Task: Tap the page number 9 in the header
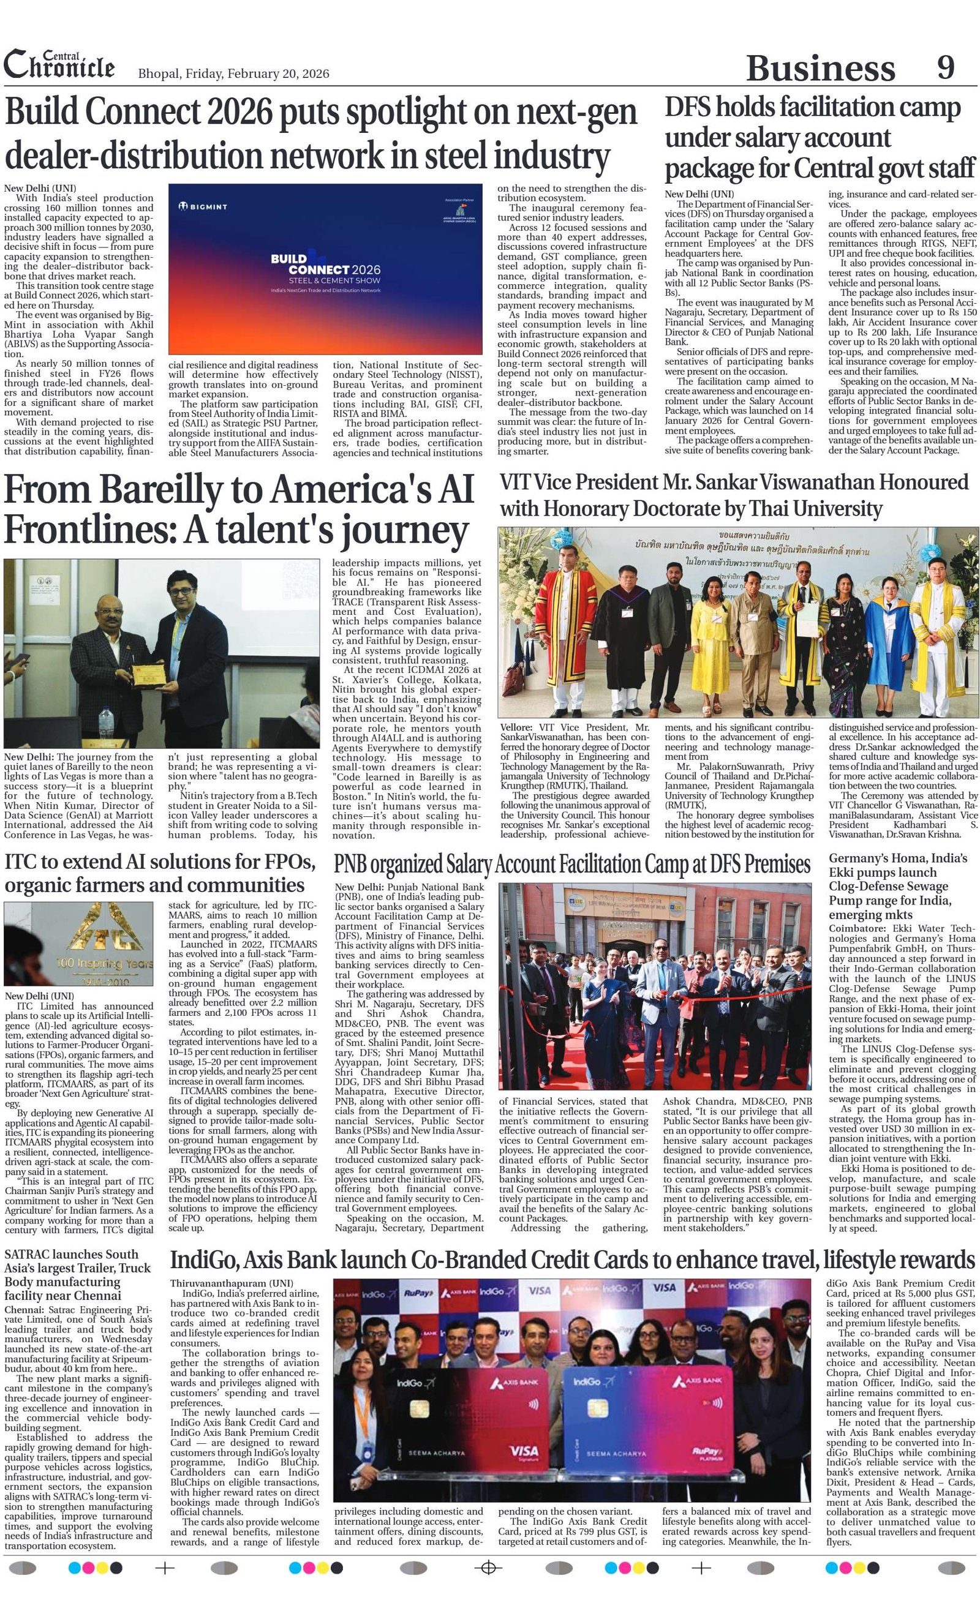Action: pos(945,67)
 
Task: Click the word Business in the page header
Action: pos(820,69)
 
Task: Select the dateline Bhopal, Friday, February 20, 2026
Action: pos(233,73)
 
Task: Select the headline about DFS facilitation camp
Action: pos(819,138)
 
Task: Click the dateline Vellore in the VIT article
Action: pos(516,727)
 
